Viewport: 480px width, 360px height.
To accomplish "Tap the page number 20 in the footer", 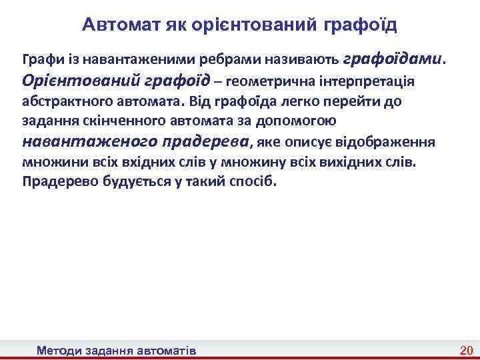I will (x=466, y=350).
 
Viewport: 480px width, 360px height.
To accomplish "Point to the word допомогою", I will (x=303, y=121).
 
